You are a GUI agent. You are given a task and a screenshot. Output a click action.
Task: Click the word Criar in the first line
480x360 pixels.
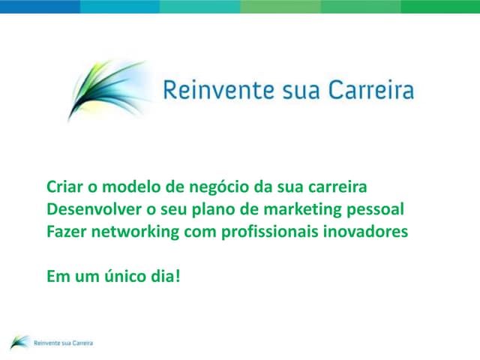(x=64, y=187)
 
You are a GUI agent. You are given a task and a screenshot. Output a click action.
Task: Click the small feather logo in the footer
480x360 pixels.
(x=19, y=341)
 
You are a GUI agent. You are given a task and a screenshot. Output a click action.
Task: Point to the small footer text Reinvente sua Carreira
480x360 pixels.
(x=64, y=343)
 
